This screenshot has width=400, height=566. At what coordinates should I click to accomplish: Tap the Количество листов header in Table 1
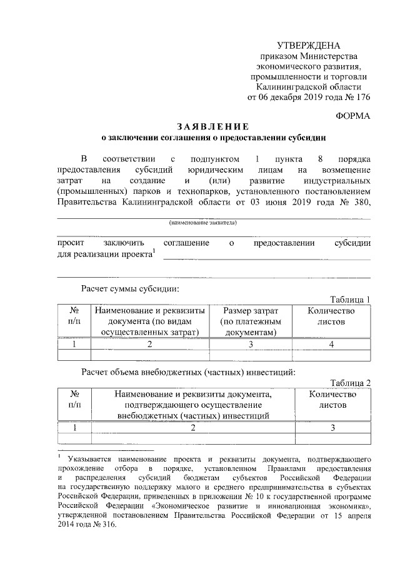point(331,316)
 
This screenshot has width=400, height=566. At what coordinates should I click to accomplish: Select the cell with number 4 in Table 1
point(331,344)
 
